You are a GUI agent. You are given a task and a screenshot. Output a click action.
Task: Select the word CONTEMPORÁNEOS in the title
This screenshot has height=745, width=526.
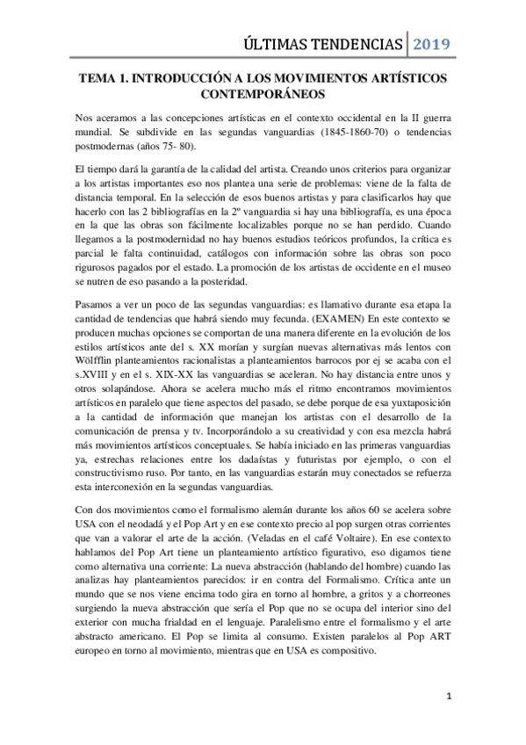tap(263, 92)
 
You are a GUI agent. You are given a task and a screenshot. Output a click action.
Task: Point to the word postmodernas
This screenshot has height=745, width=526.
tap(106, 147)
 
